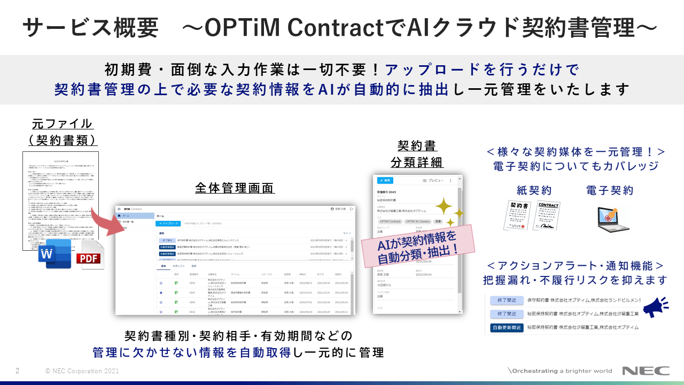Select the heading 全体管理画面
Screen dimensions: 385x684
tap(235, 188)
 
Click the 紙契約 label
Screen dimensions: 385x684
tap(534, 190)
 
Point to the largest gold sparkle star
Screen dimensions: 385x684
tap(442, 206)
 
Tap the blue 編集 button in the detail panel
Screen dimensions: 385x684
tap(385, 180)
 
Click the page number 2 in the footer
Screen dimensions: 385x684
tap(18, 371)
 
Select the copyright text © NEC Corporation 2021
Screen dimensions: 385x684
tap(82, 371)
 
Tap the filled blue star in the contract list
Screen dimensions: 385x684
tap(161, 293)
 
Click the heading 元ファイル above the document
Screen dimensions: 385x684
tap(62, 124)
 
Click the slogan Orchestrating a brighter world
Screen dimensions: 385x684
tap(561, 371)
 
